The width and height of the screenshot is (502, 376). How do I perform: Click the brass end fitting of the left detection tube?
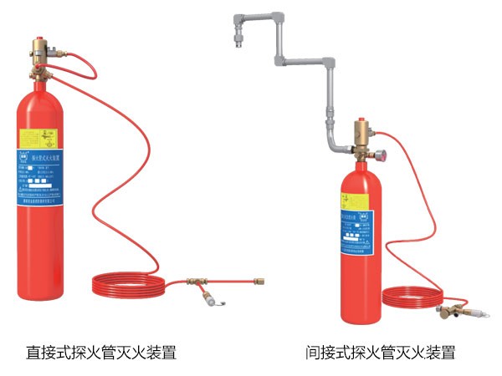click(259, 282)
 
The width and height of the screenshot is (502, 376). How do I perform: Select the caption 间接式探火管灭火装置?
click(381, 352)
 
